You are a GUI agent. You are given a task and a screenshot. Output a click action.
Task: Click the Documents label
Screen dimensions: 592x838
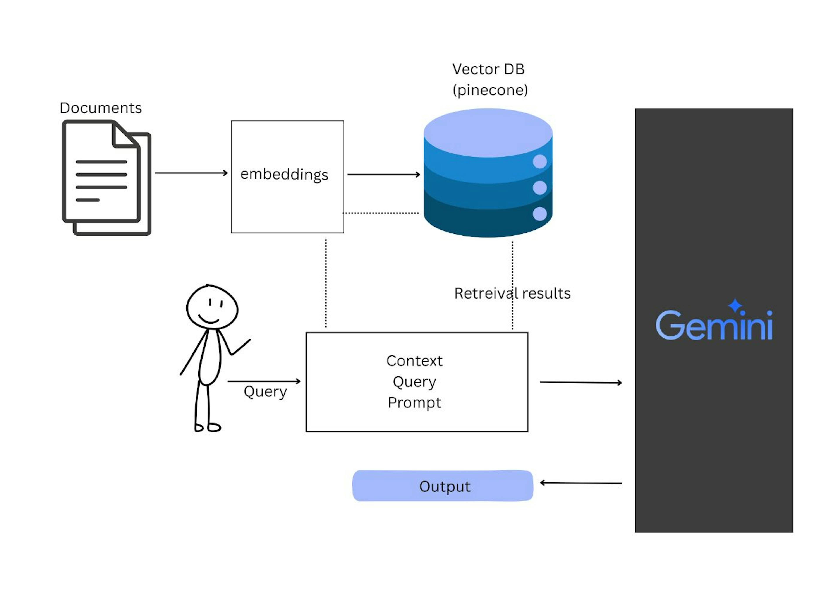101,108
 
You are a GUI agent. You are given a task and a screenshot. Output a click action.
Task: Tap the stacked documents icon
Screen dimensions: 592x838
106,178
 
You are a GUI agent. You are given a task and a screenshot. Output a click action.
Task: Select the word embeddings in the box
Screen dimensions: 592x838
284,175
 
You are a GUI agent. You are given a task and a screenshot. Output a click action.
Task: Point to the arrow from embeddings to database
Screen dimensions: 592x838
384,175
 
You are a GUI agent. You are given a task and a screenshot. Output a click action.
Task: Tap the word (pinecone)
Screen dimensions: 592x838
490,90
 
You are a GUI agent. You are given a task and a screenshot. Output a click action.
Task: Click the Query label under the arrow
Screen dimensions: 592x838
265,392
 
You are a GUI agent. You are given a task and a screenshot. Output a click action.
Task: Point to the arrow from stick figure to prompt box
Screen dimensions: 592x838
264,381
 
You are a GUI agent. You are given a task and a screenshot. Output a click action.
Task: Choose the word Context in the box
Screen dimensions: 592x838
414,361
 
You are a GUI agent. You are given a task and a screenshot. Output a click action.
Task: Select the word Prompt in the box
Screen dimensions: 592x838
414,403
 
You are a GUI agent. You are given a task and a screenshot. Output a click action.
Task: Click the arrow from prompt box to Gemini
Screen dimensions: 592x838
581,383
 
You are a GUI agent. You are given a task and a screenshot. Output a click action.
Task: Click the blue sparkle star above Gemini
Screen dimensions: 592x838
735,305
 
